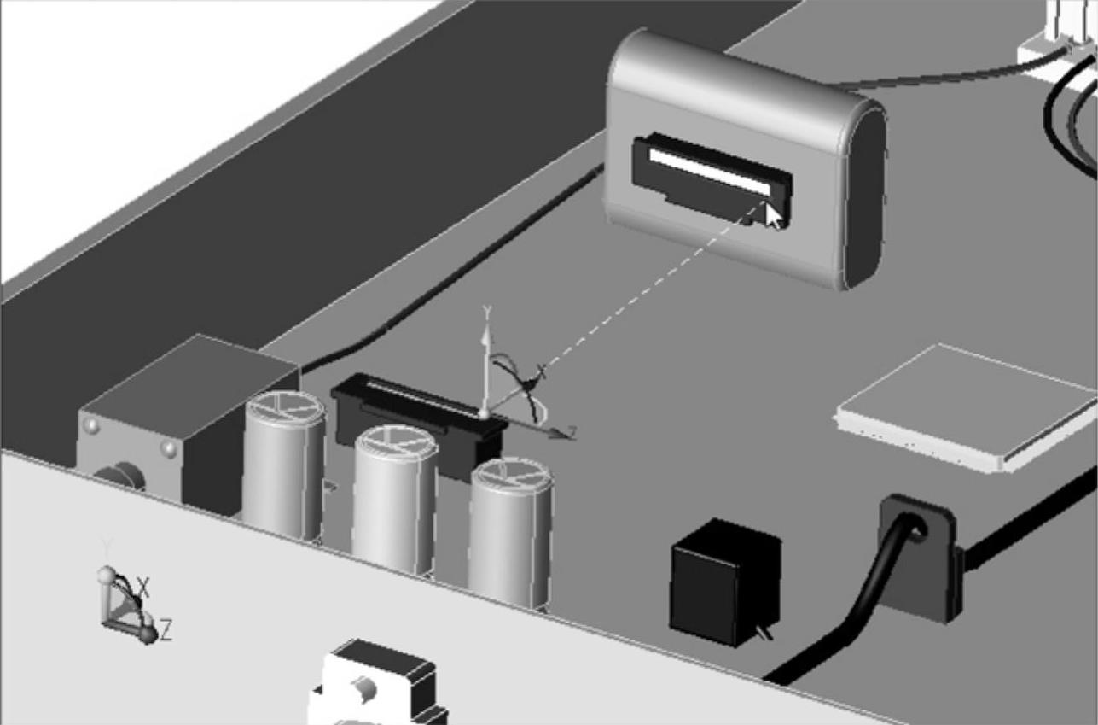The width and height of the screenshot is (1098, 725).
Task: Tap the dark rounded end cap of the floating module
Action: (863, 196)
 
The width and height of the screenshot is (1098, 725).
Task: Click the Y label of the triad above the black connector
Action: (487, 311)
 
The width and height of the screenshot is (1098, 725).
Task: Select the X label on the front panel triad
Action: (144, 588)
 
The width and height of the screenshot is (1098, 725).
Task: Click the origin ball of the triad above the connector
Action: (485, 415)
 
